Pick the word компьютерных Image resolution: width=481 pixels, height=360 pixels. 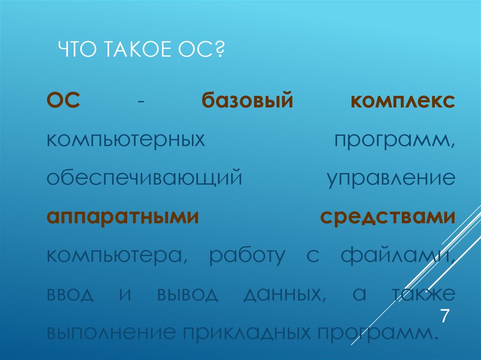(x=127, y=141)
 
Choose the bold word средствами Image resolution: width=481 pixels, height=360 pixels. (x=388, y=218)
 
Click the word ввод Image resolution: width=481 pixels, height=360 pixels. (x=70, y=294)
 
